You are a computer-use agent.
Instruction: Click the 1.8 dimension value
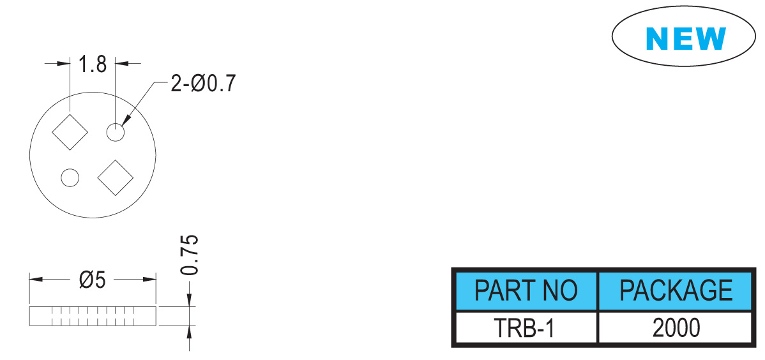tap(93, 64)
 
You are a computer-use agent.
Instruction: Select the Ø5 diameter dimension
tap(92, 280)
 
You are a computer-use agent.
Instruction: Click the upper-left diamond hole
tap(70, 132)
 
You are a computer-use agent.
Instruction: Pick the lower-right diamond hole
tap(116, 177)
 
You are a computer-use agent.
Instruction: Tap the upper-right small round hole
tap(116, 132)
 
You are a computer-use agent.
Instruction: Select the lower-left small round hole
tap(70, 177)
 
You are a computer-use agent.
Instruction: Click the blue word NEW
tap(685, 38)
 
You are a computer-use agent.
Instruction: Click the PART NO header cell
tap(526, 290)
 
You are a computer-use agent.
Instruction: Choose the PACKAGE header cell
tap(676, 290)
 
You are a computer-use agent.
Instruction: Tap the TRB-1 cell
tap(526, 328)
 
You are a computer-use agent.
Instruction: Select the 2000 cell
tap(676, 328)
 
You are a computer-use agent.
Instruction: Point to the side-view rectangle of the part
tap(93, 316)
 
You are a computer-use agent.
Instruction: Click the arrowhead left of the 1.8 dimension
tap(63, 63)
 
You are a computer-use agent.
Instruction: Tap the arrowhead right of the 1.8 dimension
tap(121, 63)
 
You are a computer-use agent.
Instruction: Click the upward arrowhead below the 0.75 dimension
tap(189, 333)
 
